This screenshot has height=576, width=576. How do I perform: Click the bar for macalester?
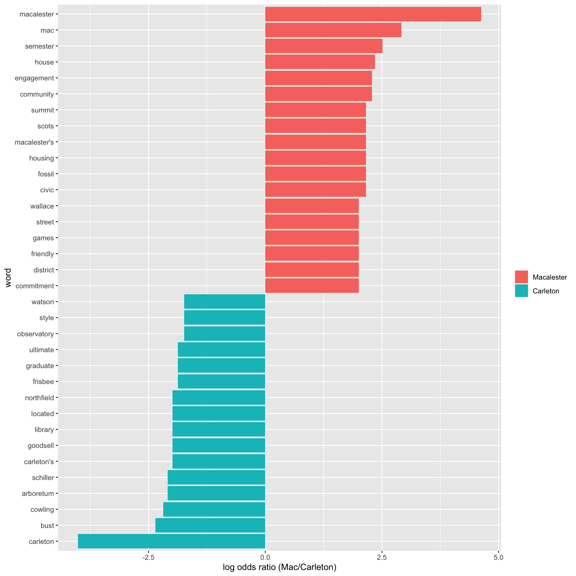pyautogui.click(x=373, y=14)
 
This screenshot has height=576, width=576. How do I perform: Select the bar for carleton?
pyautogui.click(x=172, y=541)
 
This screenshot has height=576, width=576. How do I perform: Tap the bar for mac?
pyautogui.click(x=333, y=30)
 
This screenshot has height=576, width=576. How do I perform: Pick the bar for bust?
pyautogui.click(x=210, y=526)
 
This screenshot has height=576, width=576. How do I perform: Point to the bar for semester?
pyautogui.click(x=324, y=46)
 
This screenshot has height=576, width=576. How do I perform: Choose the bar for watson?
pyautogui.click(x=225, y=302)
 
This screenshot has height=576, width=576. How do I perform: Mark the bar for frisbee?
pyautogui.click(x=222, y=382)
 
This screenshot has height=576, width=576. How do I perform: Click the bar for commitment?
pyautogui.click(x=312, y=286)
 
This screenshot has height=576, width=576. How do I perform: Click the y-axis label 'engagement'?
pyautogui.click(x=34, y=78)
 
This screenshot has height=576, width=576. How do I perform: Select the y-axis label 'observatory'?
pyautogui.click(x=35, y=334)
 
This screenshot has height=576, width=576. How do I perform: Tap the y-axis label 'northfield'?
pyautogui.click(x=40, y=398)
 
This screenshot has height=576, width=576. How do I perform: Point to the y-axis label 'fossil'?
pyautogui.click(x=46, y=174)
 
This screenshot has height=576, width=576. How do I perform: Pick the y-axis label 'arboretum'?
pyautogui.click(x=38, y=493)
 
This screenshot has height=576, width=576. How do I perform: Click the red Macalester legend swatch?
pyautogui.click(x=521, y=277)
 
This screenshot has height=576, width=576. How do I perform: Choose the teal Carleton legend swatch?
pyautogui.click(x=521, y=291)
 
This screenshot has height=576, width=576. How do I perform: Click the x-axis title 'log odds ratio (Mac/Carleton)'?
pyautogui.click(x=279, y=567)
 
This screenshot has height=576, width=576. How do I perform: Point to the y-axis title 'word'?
pyautogui.click(x=8, y=278)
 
